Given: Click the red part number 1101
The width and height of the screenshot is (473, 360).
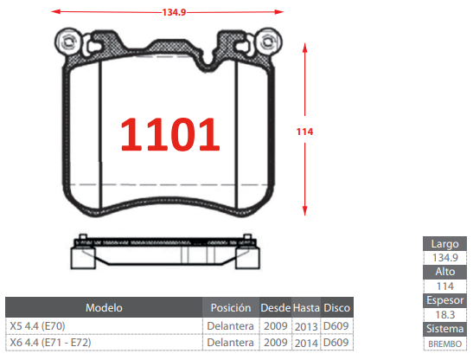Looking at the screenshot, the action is coord(170,134).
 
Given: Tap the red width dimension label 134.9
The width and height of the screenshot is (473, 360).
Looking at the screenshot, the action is coord(174,12).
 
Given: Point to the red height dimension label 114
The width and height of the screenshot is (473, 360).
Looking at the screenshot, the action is coord(304,132).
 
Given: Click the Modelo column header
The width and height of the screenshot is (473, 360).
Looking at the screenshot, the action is coord(104,308).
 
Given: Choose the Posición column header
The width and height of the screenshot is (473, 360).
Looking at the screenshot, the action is coord(231,308).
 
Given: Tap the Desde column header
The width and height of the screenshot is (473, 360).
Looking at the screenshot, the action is coord(276,308).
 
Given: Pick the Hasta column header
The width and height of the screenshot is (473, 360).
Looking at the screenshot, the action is coord(306,308).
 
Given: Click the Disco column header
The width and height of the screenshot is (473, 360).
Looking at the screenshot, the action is coord(336,308).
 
